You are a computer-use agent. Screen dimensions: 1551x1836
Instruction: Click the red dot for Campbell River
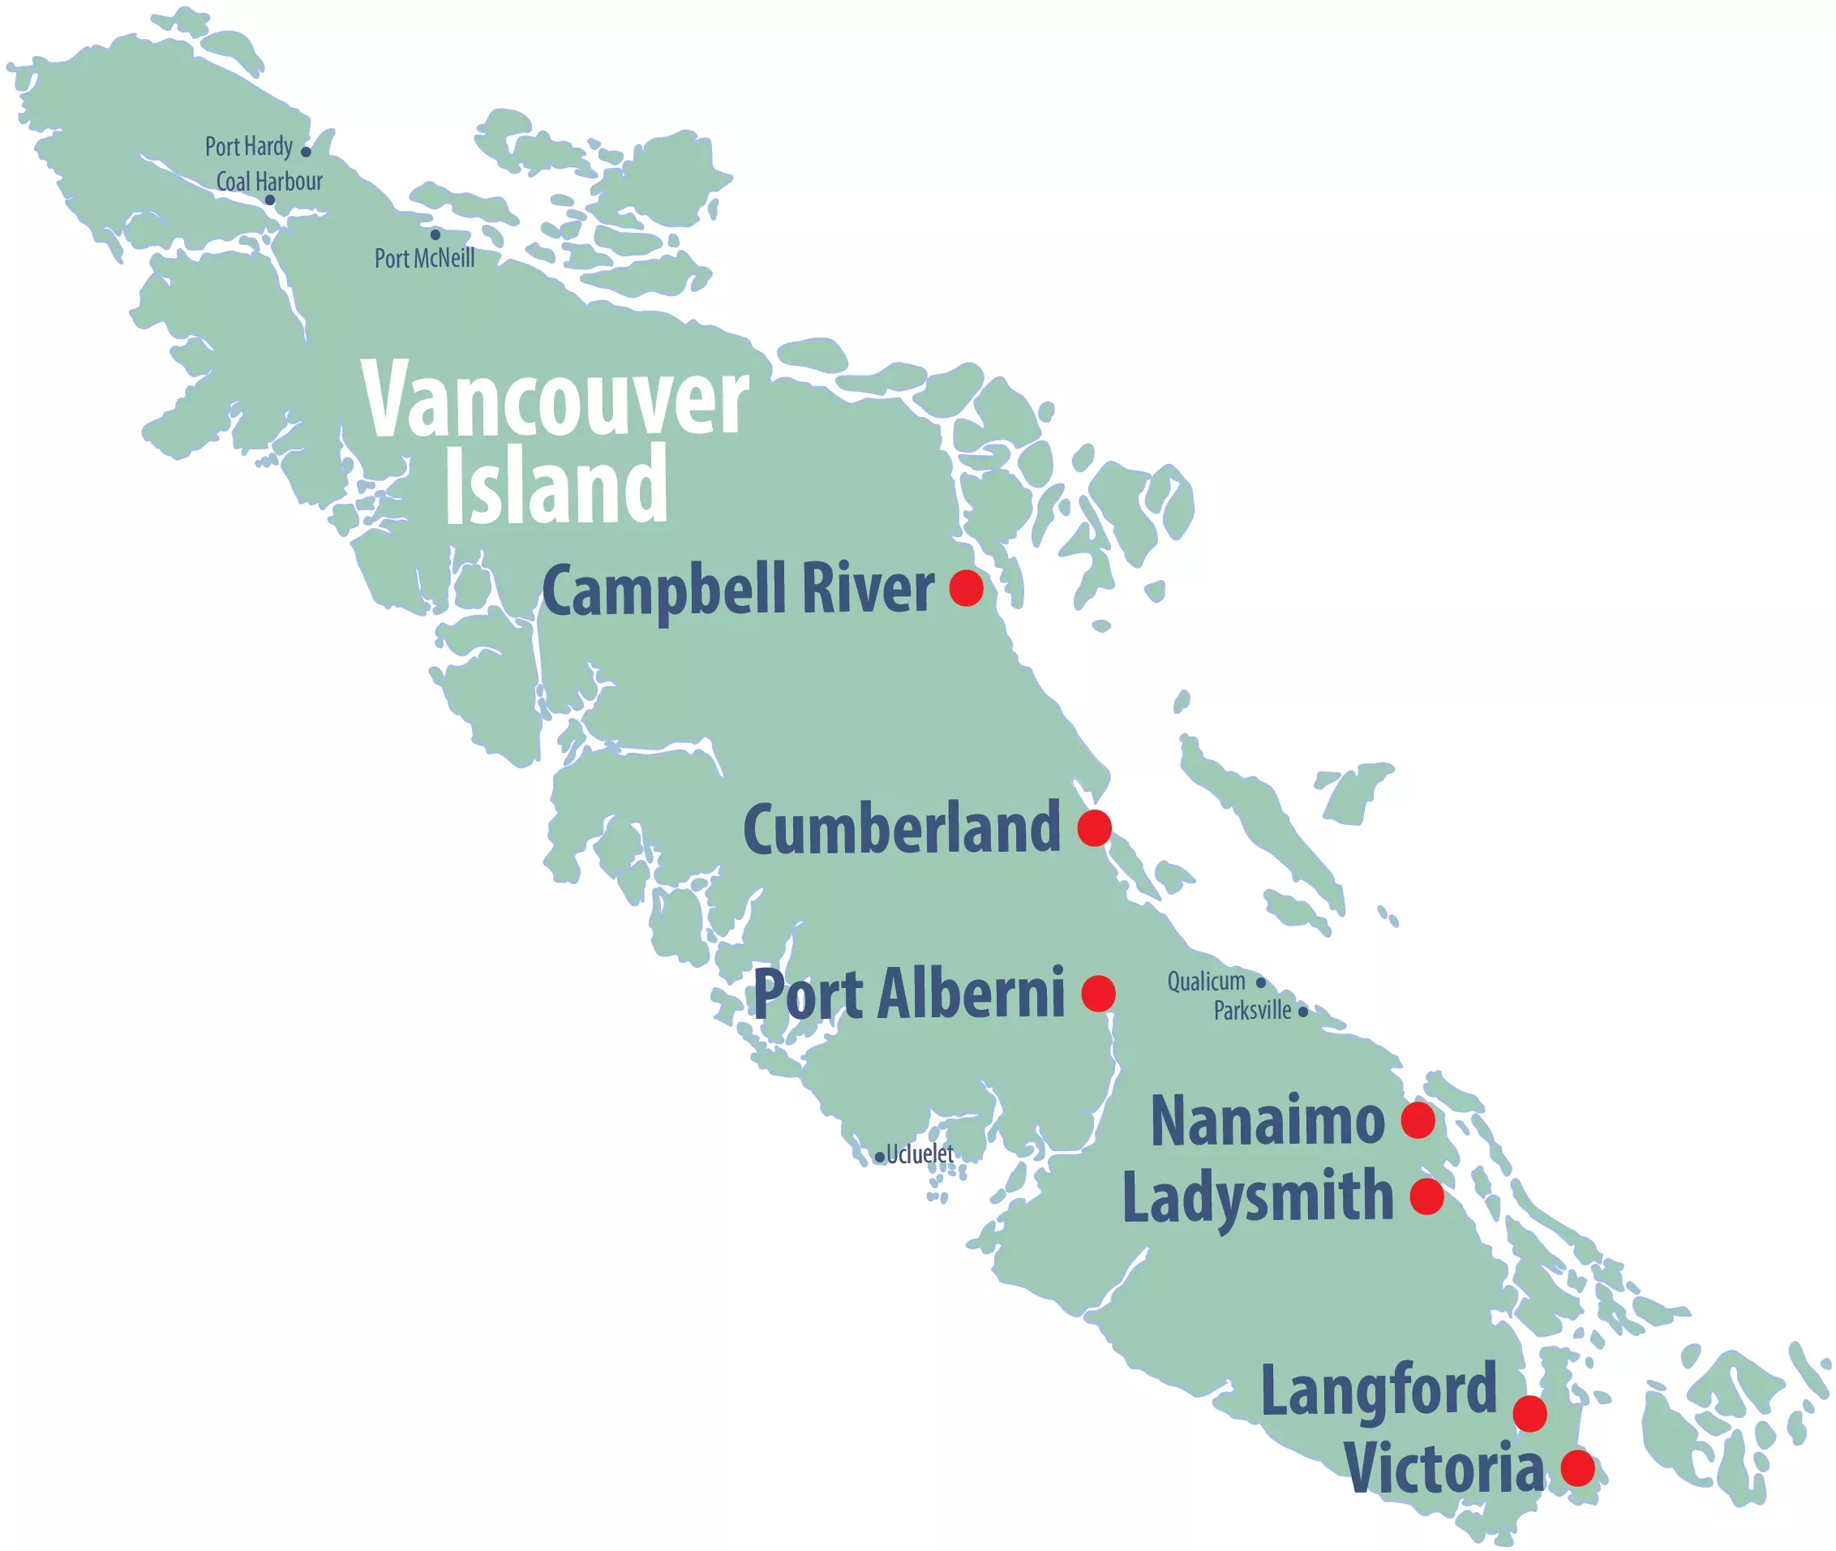[x=966, y=587]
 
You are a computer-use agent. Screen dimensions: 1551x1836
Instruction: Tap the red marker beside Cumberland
[x=1094, y=827]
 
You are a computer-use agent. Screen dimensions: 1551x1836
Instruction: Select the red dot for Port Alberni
[x=1098, y=994]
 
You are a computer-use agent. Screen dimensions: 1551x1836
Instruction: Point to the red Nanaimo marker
[x=1418, y=1120]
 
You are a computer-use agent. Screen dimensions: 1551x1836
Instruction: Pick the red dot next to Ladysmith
[x=1426, y=1197]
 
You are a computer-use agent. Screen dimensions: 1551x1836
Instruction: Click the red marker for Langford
[x=1530, y=1414]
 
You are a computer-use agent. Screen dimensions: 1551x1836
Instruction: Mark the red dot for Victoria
[x=1577, y=1467]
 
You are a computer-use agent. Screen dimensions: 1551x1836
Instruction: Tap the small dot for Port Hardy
[x=306, y=151]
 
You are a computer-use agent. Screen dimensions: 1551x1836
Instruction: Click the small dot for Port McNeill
[x=435, y=234]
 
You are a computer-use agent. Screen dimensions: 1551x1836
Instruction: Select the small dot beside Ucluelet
[x=879, y=1158]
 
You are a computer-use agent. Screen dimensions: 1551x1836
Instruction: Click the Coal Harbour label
[x=269, y=182]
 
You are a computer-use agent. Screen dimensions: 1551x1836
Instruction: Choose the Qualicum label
[x=1206, y=982]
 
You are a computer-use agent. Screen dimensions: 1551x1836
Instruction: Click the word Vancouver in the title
[x=555, y=400]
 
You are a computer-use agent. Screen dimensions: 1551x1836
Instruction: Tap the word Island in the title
[x=556, y=483]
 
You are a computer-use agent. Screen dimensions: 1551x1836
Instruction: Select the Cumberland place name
[x=902, y=828]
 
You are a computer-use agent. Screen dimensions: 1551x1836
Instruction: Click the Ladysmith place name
[x=1258, y=1197]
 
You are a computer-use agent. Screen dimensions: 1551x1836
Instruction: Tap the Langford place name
[x=1378, y=1391]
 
